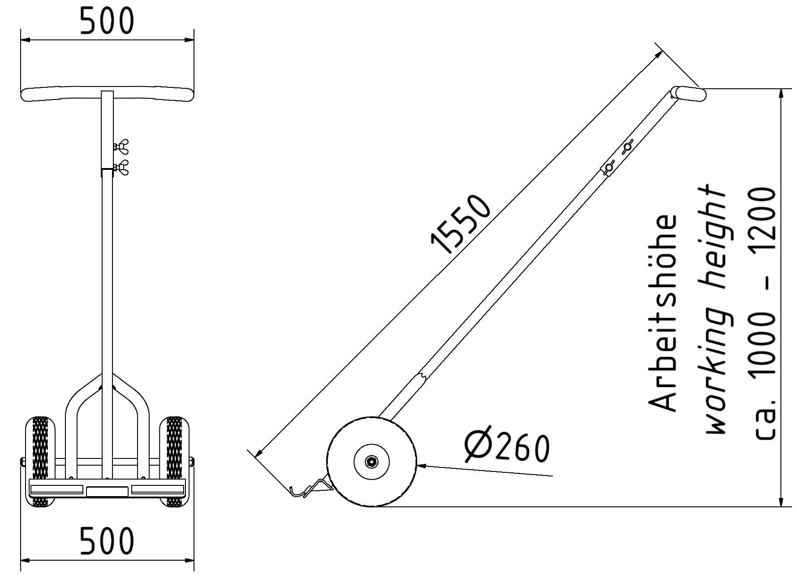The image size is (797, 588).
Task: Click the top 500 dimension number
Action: click(x=107, y=22)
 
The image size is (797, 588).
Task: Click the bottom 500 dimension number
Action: click(x=107, y=541)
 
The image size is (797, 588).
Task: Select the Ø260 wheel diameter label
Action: click(x=507, y=447)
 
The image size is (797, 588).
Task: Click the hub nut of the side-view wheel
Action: click(x=371, y=462)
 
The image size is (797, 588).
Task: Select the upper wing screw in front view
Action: click(x=121, y=147)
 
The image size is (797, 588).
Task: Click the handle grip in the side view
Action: click(x=690, y=94)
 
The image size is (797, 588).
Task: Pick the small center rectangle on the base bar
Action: click(x=107, y=492)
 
